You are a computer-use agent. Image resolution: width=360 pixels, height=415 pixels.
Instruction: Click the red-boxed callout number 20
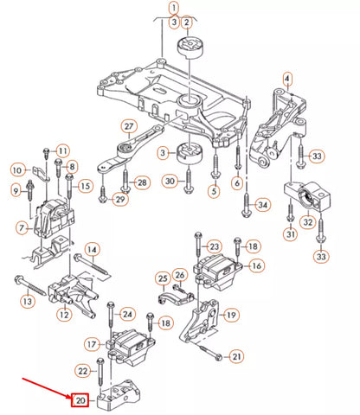80,400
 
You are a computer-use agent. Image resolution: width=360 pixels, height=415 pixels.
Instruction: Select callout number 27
129,126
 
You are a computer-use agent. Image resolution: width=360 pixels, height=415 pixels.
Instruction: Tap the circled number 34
262,205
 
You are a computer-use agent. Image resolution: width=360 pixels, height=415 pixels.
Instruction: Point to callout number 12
64,314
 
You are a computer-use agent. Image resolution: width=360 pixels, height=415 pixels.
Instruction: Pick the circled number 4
287,79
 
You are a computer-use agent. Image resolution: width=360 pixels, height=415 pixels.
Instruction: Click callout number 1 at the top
174,8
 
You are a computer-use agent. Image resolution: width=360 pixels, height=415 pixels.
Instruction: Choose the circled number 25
163,278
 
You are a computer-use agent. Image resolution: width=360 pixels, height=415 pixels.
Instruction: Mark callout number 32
308,222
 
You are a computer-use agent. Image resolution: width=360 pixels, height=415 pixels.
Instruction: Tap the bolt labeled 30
189,182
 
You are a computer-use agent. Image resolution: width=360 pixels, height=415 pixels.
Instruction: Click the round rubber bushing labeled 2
190,48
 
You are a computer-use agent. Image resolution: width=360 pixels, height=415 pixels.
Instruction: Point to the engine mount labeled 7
54,218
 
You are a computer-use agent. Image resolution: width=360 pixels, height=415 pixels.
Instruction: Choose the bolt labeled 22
100,372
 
